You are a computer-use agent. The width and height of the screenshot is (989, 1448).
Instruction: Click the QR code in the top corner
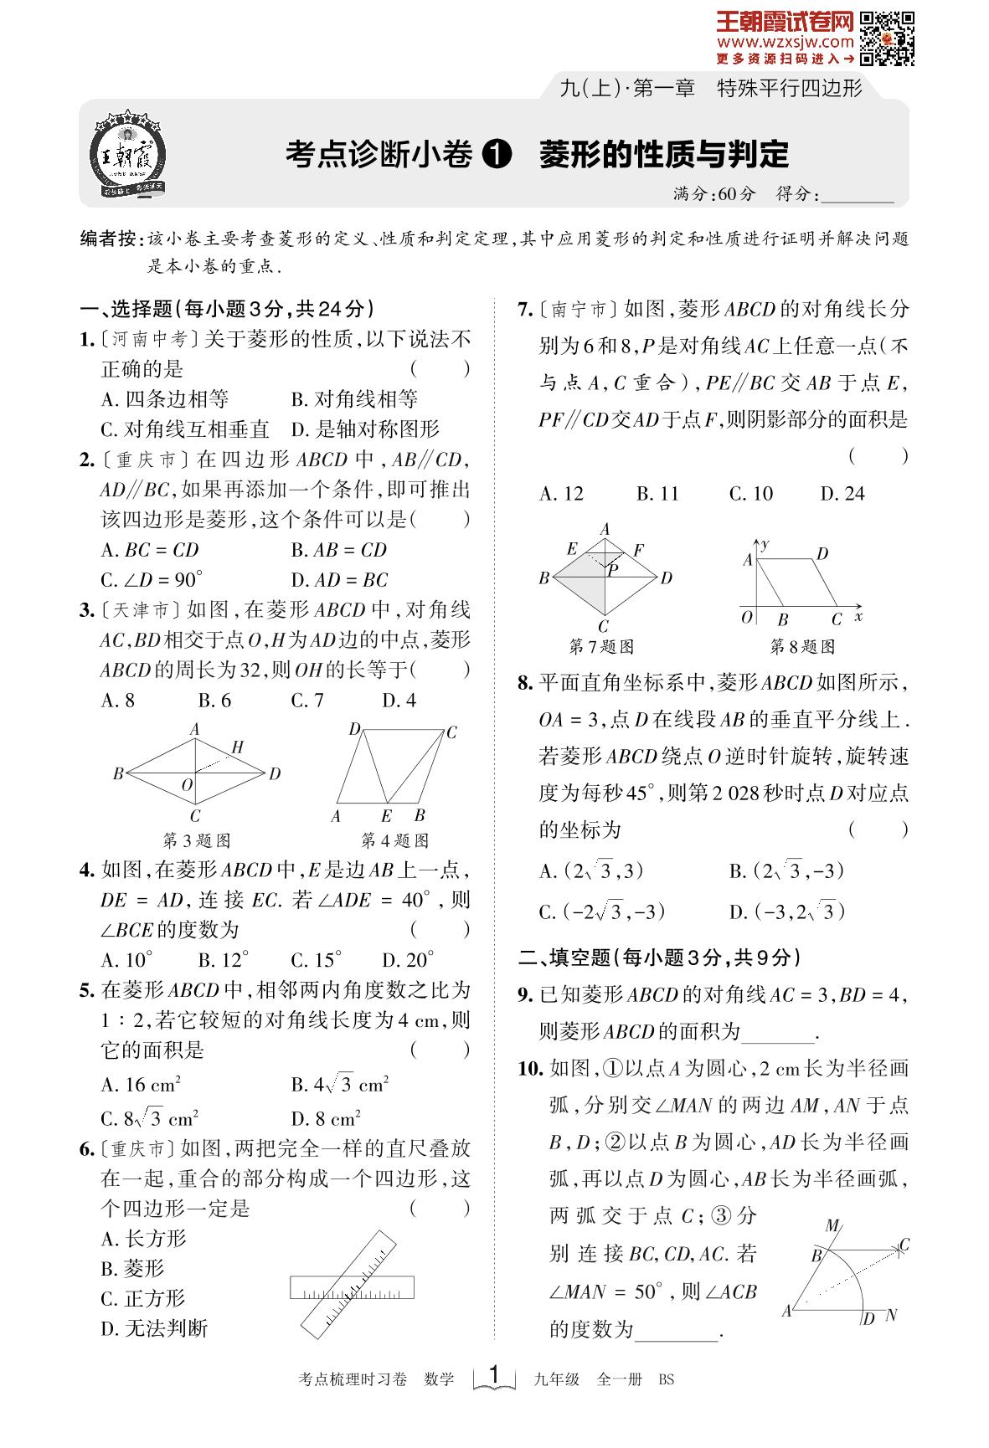point(887,38)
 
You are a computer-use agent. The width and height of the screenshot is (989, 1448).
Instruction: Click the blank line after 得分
point(858,195)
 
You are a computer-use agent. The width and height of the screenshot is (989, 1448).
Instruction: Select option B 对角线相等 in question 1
point(354,399)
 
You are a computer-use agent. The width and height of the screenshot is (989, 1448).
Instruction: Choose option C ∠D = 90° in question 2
point(152,580)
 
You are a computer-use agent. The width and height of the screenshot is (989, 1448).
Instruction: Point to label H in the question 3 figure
point(238,747)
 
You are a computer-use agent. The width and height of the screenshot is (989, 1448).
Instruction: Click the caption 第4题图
point(394,840)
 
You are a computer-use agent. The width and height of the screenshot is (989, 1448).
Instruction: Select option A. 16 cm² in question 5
point(141,1086)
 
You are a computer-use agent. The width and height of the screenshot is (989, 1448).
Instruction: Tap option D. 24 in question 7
point(842,494)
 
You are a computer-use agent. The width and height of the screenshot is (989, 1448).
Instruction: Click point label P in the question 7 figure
point(613,570)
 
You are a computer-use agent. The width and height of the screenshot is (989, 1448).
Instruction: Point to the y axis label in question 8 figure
point(765,545)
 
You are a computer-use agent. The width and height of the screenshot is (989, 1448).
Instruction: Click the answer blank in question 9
point(779,1032)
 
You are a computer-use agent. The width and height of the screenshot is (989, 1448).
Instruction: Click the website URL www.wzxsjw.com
point(785,42)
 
